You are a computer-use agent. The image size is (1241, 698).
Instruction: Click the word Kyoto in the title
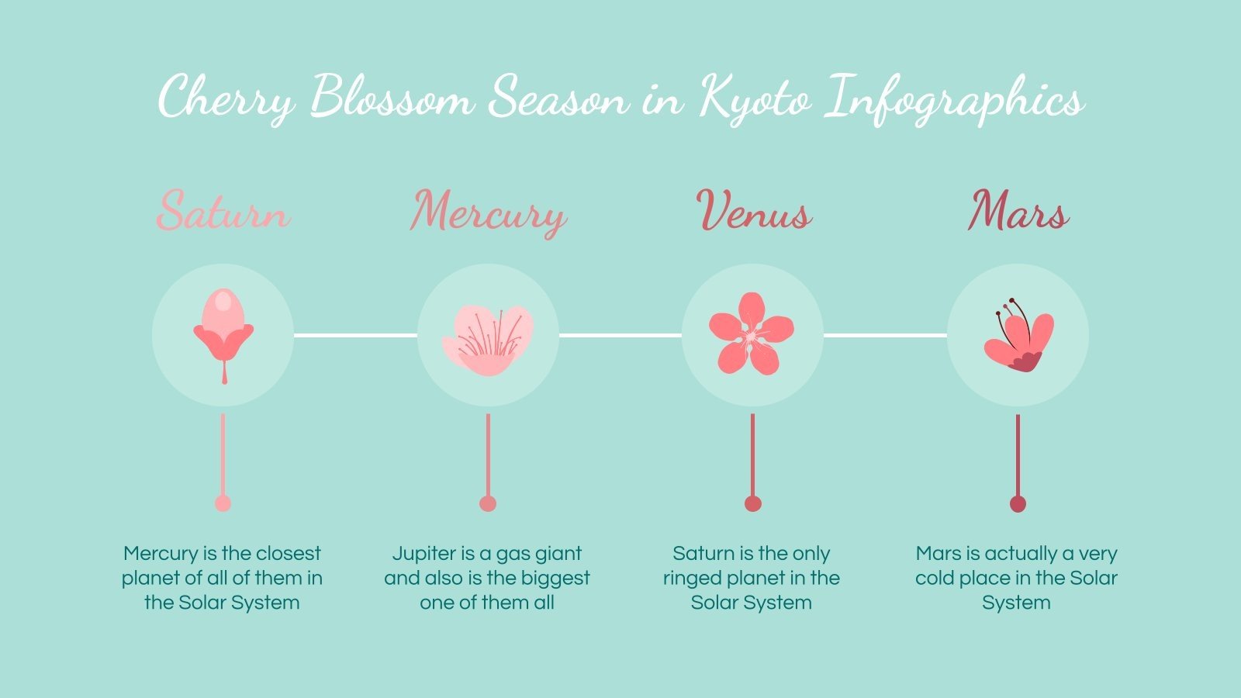[x=755, y=98]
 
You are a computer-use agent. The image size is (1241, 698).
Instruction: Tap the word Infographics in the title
[x=953, y=98]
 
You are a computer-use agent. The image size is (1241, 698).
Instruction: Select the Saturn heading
[x=223, y=210]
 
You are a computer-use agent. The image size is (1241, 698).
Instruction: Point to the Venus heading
[x=753, y=210]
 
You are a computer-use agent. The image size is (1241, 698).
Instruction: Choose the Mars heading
[x=1018, y=210]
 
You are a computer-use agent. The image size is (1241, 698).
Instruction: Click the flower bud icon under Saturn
[x=223, y=333]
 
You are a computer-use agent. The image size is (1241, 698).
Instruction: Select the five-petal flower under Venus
[x=752, y=333]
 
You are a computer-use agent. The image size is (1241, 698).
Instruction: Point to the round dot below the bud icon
[x=223, y=503]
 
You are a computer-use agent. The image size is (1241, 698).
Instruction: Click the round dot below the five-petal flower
[x=752, y=503]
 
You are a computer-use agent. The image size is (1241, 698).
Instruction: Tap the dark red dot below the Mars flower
[x=1018, y=504]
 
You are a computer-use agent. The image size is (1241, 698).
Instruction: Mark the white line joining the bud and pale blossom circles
[x=355, y=335]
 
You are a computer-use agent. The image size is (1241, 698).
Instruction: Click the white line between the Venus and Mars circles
[x=885, y=335]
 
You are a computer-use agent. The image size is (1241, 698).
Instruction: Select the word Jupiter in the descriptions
[x=423, y=554]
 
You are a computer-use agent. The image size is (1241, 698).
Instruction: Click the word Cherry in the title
[x=226, y=98]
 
